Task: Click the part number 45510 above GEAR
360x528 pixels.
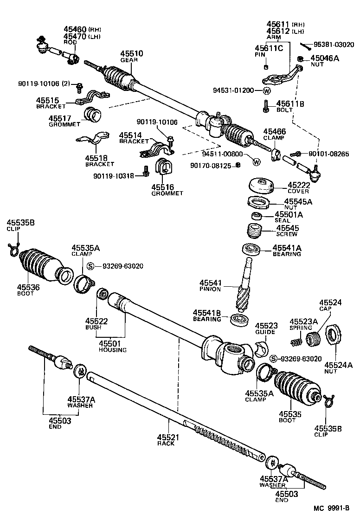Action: pos(132,54)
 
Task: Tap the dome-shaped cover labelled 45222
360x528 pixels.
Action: pos(260,186)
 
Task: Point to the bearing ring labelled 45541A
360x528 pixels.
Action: pos(252,249)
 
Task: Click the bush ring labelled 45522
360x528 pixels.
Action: pos(102,294)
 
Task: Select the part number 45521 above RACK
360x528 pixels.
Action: pos(168,437)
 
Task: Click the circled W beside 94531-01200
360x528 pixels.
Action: pos(267,90)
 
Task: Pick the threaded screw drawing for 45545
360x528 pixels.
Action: pos(253,230)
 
